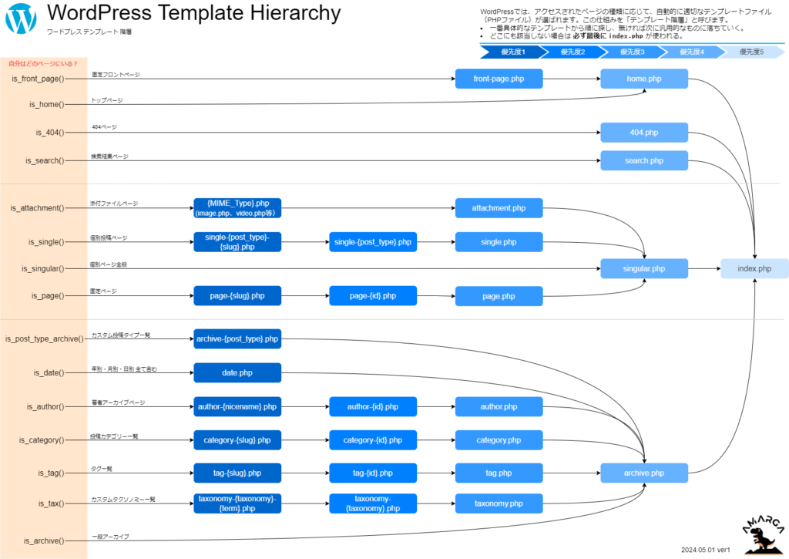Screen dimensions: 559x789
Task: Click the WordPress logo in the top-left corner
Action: (x=21, y=19)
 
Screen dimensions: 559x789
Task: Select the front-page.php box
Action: (x=499, y=79)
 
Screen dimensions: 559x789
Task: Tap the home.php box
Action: (x=644, y=79)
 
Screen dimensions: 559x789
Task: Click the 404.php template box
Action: (x=644, y=133)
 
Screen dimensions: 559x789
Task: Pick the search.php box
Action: (x=644, y=160)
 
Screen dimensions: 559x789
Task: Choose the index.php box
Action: (x=754, y=268)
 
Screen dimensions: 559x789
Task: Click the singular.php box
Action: (x=644, y=268)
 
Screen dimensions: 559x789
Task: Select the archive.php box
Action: (x=644, y=473)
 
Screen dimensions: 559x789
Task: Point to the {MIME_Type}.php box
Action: (x=237, y=208)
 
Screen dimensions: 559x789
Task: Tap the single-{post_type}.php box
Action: (x=373, y=242)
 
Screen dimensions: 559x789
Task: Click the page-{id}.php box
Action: (x=373, y=295)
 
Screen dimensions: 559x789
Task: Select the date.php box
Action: (x=237, y=372)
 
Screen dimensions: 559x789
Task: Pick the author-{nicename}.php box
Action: (x=237, y=406)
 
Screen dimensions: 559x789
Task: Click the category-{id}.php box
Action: (x=373, y=439)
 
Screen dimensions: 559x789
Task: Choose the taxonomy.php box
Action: (x=499, y=503)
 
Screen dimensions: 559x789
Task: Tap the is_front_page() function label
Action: (x=39, y=79)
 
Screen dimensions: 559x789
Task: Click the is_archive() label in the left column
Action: (x=44, y=540)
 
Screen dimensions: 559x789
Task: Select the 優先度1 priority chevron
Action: (x=509, y=52)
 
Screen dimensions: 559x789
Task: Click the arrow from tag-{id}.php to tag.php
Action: (x=435, y=473)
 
